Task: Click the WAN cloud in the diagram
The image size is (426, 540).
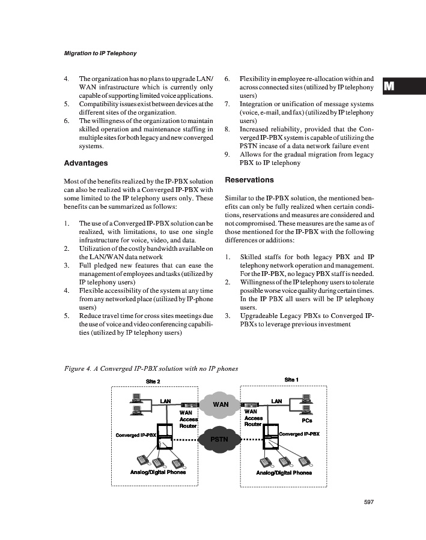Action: [221, 404]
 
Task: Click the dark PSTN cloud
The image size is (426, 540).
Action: [220, 440]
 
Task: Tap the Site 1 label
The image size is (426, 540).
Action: [291, 379]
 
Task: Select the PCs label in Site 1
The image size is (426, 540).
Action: [306, 421]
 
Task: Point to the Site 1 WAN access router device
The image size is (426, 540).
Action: [253, 404]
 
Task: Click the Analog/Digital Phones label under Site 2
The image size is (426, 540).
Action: [158, 472]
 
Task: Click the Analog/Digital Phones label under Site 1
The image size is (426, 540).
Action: [284, 472]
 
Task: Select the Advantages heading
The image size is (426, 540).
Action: [86, 163]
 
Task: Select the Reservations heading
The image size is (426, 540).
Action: [248, 180]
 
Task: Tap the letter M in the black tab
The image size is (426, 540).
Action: [389, 86]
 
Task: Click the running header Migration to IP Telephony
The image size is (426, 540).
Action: [100, 53]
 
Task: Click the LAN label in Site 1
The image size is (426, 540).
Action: [276, 401]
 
